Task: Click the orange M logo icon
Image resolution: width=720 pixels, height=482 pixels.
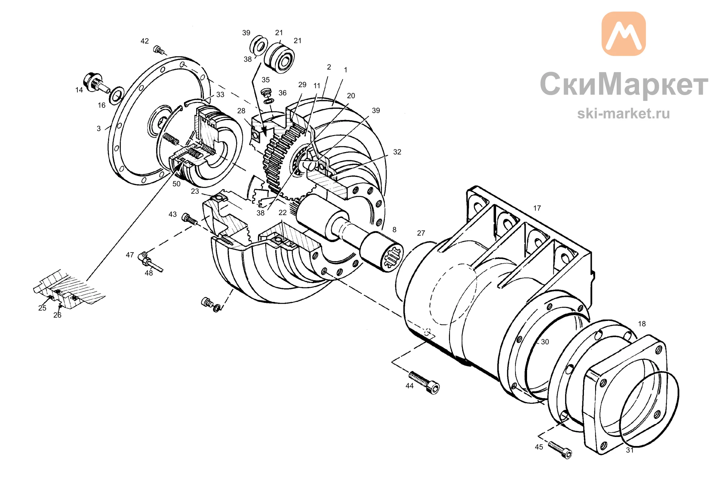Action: (x=624, y=34)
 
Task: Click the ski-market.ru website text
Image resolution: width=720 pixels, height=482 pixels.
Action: (x=624, y=113)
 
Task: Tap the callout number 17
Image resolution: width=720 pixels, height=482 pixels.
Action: (x=537, y=208)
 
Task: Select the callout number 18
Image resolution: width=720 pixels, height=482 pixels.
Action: (x=642, y=324)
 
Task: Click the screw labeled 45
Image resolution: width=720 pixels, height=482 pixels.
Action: (x=560, y=450)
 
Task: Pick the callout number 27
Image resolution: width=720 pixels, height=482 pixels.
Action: (x=421, y=233)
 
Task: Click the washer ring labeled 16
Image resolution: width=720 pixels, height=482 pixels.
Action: (x=117, y=95)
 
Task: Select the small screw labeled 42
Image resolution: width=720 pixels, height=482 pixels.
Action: (x=159, y=50)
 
